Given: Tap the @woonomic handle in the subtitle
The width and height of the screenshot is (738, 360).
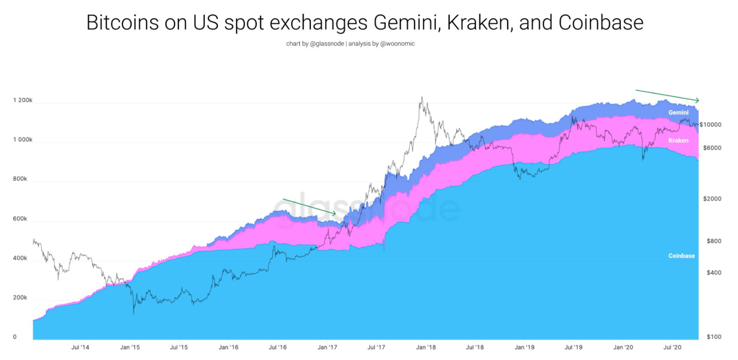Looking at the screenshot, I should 398,44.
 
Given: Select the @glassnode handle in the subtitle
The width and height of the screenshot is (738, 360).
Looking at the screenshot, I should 327,44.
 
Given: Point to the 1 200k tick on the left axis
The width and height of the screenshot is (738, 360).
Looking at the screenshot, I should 23,100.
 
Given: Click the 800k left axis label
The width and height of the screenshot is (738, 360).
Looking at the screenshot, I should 20,179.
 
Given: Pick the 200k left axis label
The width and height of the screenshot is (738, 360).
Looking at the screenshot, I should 20,298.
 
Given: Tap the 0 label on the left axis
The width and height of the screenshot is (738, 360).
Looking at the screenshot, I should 15,337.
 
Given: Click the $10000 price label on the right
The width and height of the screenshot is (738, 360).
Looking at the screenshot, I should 710,125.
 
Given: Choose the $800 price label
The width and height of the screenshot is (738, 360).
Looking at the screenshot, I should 713,241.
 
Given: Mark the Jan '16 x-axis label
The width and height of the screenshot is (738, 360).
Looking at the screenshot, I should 228,347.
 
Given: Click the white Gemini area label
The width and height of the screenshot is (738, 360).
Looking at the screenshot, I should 678,112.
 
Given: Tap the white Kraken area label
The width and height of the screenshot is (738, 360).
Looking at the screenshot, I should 678,141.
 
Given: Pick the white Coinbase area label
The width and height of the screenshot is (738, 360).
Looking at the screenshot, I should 681,256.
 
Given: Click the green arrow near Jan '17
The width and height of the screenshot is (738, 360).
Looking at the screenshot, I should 309,206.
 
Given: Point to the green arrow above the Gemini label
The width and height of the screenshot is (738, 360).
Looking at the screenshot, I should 667,95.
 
